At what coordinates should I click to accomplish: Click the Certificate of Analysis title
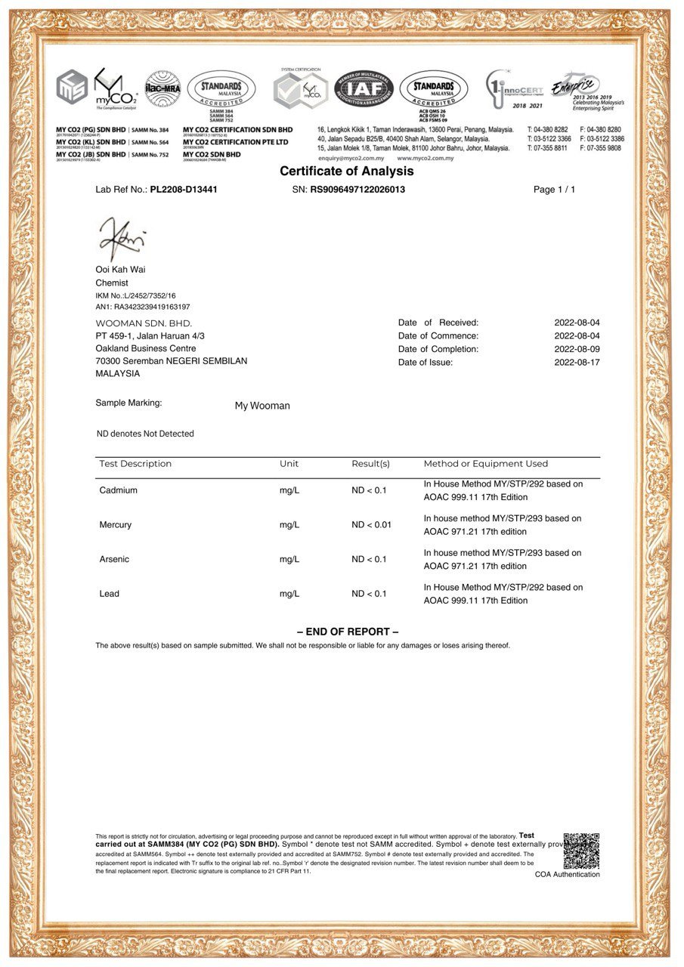(x=347, y=171)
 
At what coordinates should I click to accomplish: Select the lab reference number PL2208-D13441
(x=184, y=190)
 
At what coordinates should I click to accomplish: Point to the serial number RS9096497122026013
(x=357, y=190)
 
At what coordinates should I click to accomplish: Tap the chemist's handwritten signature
(x=120, y=238)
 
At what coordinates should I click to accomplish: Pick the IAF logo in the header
(x=364, y=88)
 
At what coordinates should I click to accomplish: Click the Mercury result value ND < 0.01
(x=371, y=524)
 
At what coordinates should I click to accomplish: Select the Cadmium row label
(x=119, y=490)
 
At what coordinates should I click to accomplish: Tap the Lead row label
(x=110, y=594)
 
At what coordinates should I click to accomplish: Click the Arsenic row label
(x=114, y=559)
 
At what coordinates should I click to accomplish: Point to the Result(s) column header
(x=370, y=464)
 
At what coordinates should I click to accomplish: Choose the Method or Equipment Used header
(x=485, y=464)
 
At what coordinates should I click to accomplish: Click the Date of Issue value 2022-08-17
(x=577, y=363)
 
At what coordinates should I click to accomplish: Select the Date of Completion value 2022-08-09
(x=577, y=349)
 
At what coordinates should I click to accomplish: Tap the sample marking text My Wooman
(x=262, y=406)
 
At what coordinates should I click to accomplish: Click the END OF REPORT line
(x=348, y=632)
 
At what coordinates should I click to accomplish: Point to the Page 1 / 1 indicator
(x=554, y=190)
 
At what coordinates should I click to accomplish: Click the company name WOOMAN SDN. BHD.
(x=144, y=323)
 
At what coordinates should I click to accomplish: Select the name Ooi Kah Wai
(x=121, y=269)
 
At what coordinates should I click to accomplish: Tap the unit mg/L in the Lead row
(x=289, y=594)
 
